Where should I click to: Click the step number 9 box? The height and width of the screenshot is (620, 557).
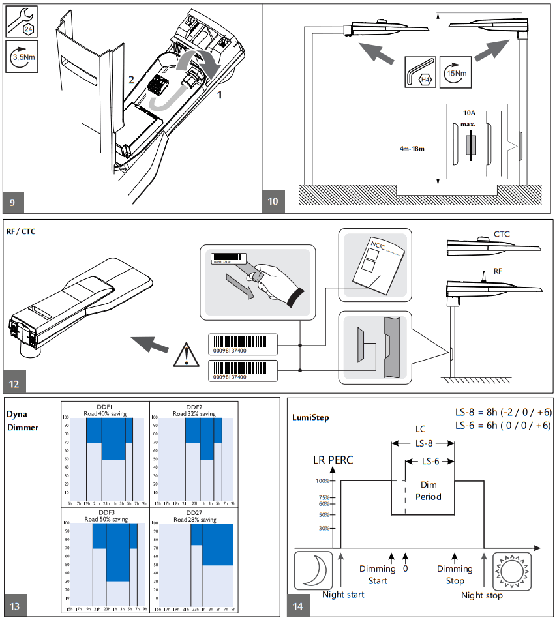click(x=14, y=202)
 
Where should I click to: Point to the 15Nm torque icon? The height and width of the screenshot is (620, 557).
click(x=454, y=73)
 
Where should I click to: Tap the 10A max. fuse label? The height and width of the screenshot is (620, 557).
click(x=469, y=118)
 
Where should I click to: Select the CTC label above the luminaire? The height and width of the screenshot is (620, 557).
click(x=502, y=233)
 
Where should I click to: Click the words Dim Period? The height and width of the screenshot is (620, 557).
click(x=429, y=491)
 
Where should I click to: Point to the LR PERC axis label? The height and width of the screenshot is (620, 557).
click(x=332, y=460)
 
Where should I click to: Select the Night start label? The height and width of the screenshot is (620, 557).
click(x=343, y=595)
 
